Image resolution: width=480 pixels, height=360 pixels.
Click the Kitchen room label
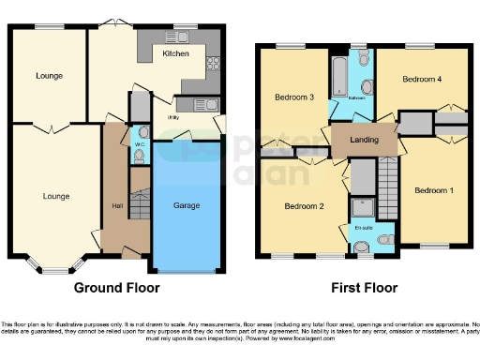(175, 54)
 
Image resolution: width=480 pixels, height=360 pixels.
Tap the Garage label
(187, 204)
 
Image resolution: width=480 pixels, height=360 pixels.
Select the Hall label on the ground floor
(116, 206)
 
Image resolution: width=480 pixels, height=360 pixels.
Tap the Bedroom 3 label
(293, 96)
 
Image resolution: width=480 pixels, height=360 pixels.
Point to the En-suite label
(361, 227)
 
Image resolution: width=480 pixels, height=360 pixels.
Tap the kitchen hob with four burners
(211, 65)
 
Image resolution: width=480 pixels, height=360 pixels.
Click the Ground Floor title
(116, 288)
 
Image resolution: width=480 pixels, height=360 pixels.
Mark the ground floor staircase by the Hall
(139, 202)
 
